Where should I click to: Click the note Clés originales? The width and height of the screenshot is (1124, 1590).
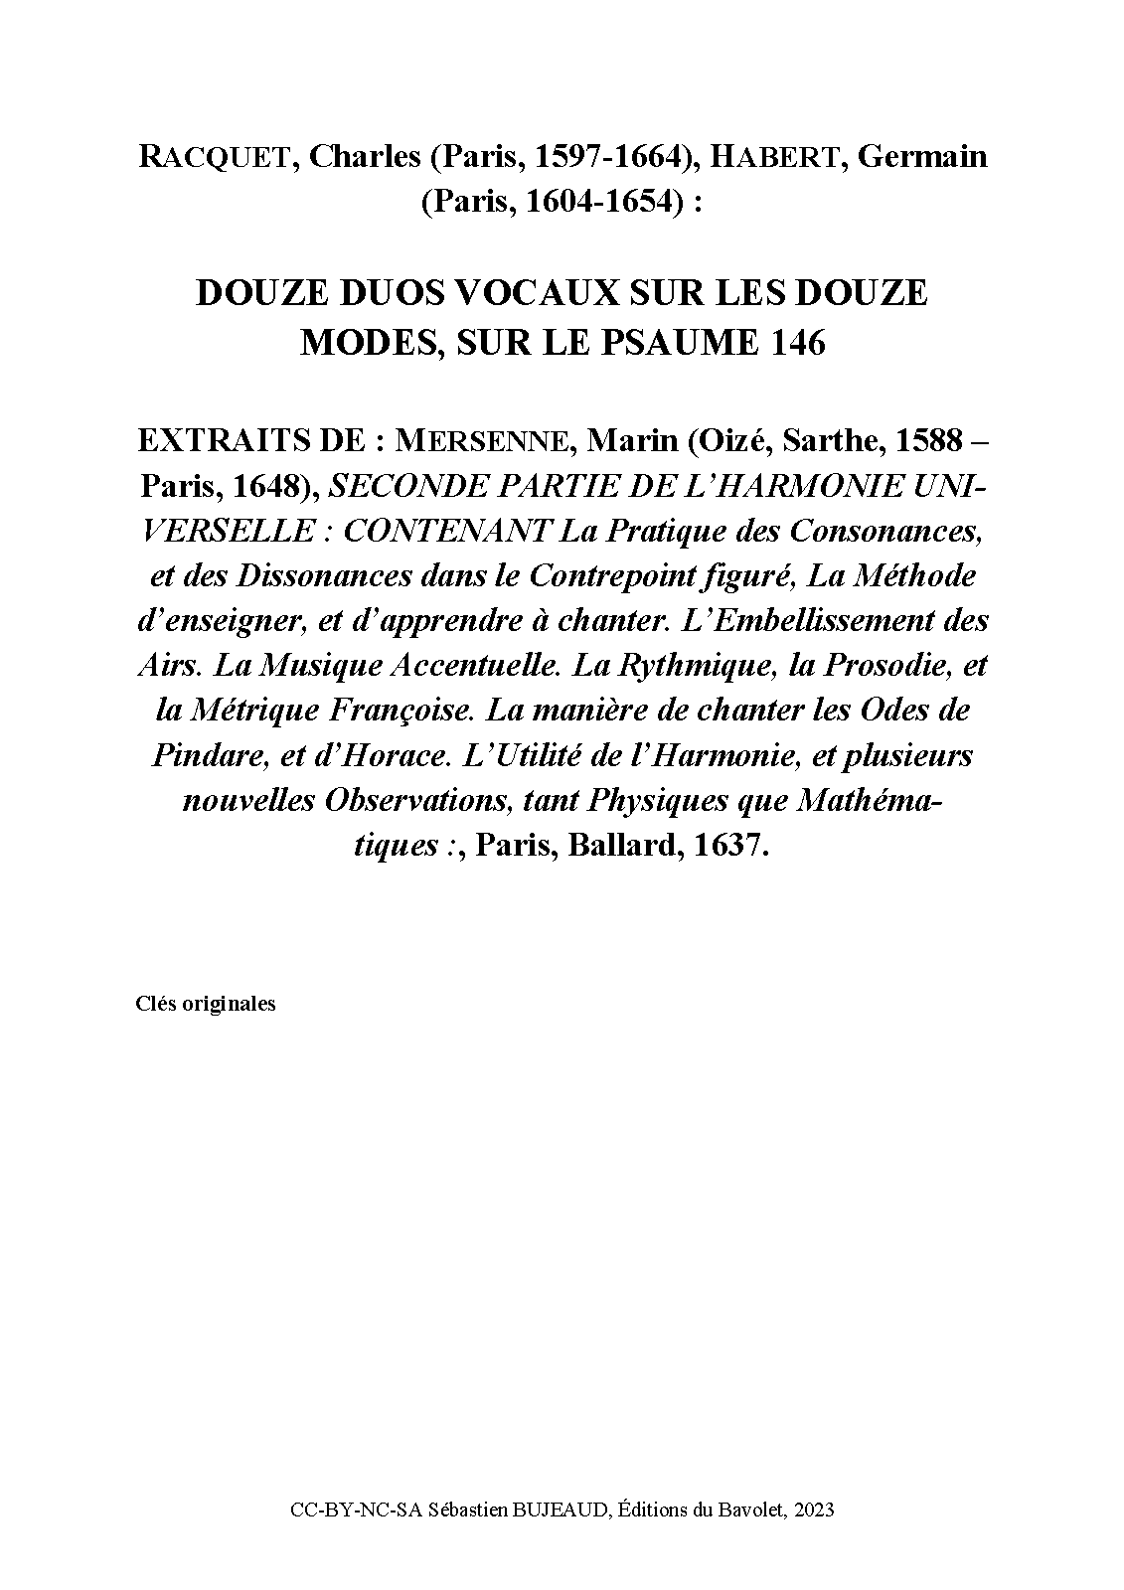pyautogui.click(x=205, y=1004)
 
